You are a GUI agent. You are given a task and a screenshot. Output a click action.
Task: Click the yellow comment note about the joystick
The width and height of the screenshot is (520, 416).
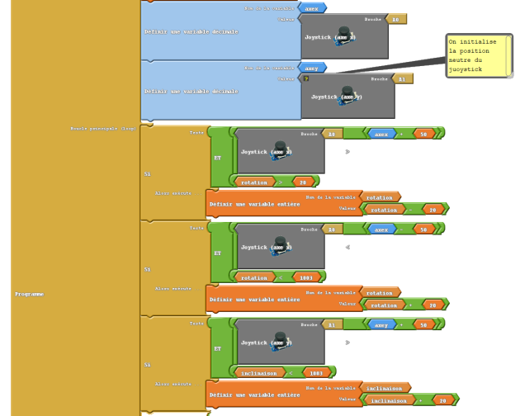tap(479, 56)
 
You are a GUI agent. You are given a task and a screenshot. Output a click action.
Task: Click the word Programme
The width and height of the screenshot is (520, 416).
tap(29, 294)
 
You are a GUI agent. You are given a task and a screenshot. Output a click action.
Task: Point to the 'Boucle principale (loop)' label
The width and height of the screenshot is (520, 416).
tap(103, 129)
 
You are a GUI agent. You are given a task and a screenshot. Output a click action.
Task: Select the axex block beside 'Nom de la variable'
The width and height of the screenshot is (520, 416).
tap(311, 8)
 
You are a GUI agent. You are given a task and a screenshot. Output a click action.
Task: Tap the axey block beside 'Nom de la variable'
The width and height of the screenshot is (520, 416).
tap(311, 69)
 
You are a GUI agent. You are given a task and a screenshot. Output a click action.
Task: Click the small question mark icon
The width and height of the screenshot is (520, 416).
tap(306, 78)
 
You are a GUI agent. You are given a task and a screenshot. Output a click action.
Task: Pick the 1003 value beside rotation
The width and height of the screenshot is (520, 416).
tap(307, 277)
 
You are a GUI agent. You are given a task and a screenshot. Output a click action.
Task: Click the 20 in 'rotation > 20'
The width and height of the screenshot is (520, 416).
tap(302, 182)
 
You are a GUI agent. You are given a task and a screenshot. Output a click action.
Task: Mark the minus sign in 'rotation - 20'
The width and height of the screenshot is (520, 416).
tap(410, 210)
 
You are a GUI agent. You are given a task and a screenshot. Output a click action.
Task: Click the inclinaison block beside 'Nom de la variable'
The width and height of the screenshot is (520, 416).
tap(385, 387)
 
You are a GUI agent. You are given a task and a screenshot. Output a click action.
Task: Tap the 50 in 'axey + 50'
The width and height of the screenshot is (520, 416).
tap(423, 325)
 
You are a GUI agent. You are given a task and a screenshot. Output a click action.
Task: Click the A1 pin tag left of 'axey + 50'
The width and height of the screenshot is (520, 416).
tap(330, 325)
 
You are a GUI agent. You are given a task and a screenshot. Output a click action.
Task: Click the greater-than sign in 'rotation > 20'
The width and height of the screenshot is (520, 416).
tap(280, 182)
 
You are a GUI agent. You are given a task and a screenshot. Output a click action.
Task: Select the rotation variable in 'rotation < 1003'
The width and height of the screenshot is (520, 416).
tap(254, 277)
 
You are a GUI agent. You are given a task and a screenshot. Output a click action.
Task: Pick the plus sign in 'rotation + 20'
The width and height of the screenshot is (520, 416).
tap(410, 305)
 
